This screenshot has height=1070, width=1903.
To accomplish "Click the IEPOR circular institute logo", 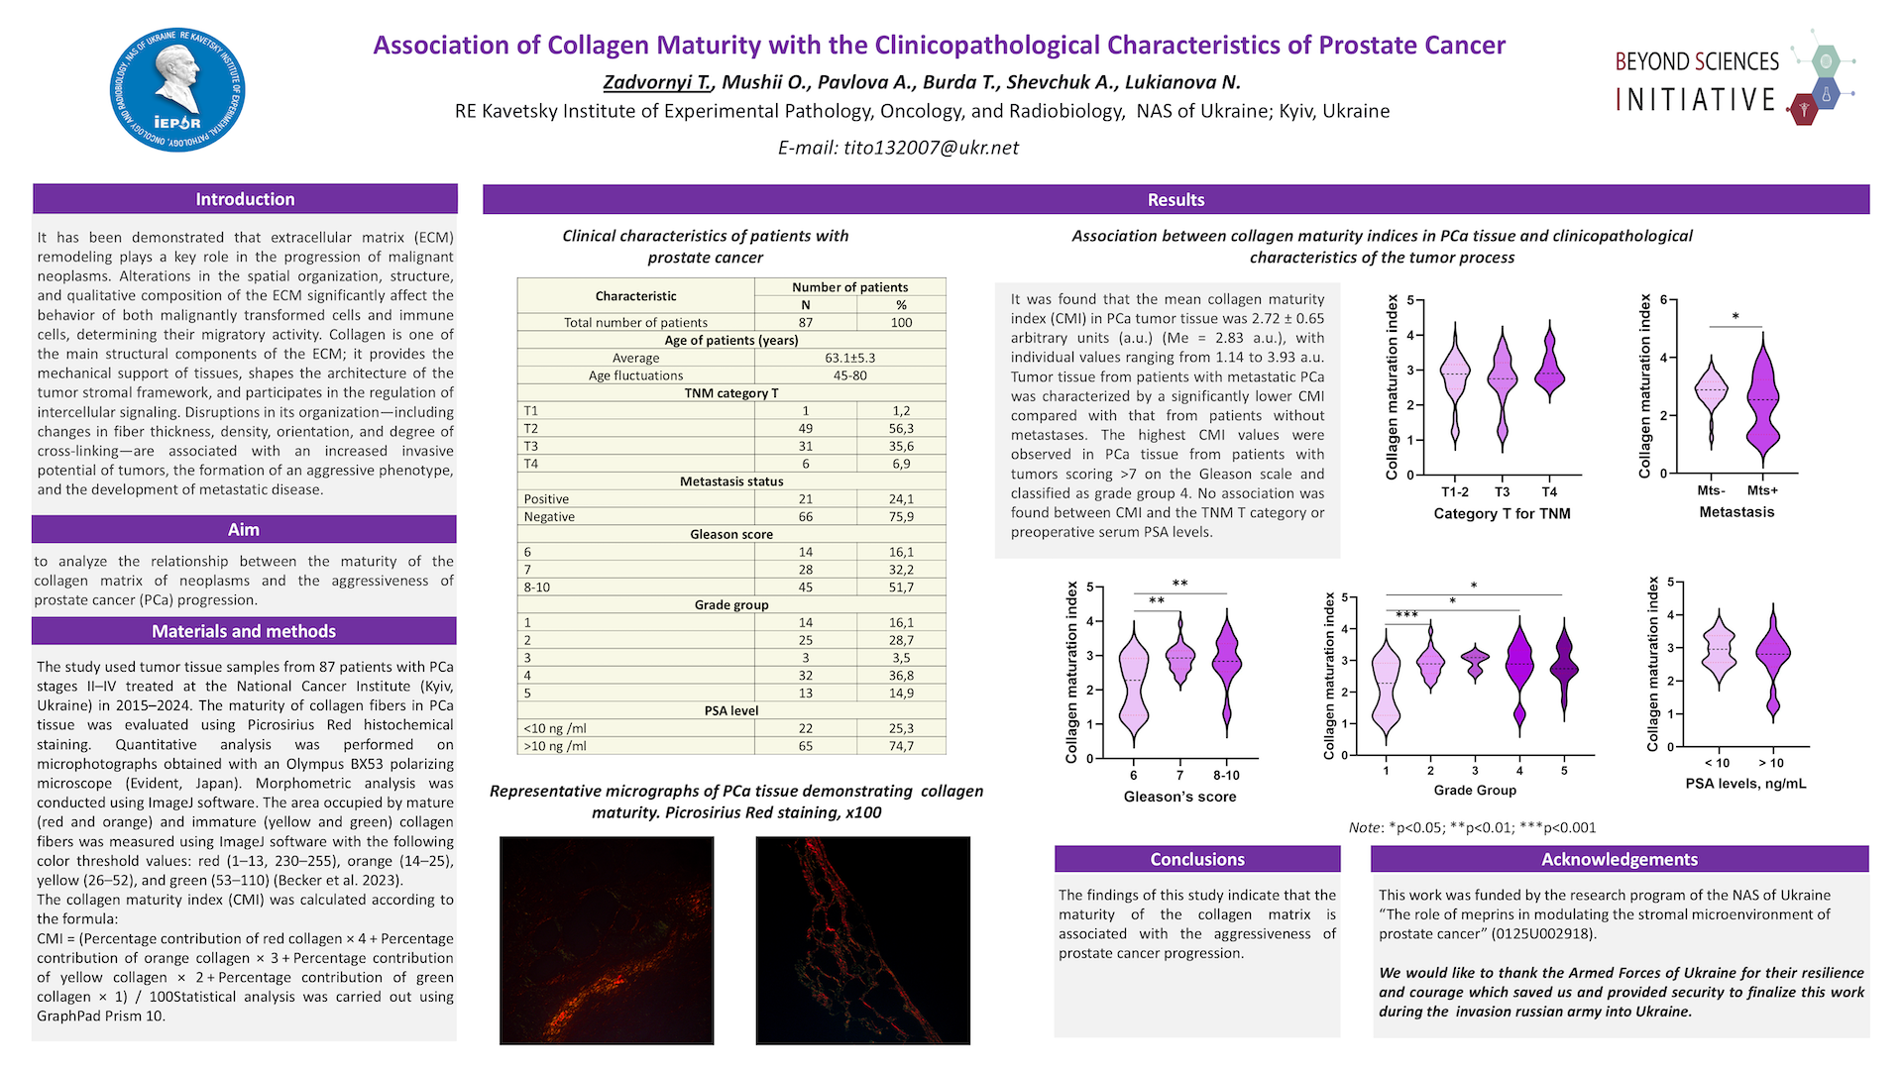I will tap(177, 90).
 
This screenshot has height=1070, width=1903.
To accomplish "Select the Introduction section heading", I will tap(245, 199).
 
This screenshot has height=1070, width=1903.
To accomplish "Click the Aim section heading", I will tap(244, 530).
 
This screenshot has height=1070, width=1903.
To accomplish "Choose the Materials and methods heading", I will tap(244, 631).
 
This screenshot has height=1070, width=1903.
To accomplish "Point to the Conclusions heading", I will tap(1197, 859).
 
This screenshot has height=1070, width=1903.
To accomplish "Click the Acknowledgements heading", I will tap(1620, 859).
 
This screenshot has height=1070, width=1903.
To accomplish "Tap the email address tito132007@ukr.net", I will tap(898, 148).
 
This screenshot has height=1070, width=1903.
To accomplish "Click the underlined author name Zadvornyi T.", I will tap(657, 82).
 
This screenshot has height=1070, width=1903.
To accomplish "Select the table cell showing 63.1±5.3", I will tap(849, 358).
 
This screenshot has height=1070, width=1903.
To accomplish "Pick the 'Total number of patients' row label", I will tap(635, 322).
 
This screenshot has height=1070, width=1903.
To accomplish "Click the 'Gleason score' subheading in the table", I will tap(731, 534).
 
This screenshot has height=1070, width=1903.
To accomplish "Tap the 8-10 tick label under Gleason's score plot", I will tap(1226, 776).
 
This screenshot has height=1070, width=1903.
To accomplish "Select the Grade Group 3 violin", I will tap(1475, 662).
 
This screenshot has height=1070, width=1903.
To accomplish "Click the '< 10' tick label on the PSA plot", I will tap(1717, 763).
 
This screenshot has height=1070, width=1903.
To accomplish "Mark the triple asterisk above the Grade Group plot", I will tap(1406, 615).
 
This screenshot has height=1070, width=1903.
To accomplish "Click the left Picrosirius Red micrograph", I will tap(607, 940).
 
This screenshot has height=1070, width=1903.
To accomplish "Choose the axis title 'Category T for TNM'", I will tap(1502, 513).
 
